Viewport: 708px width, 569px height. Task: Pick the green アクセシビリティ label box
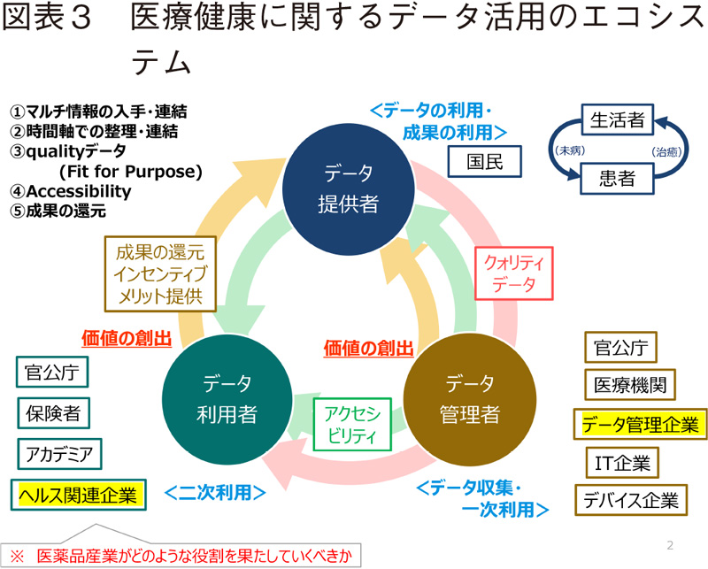pos(352,424)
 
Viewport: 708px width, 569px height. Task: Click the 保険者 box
pos(53,413)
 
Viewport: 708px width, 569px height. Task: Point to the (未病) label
pos(566,150)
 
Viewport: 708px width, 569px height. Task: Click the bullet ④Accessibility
pos(70,191)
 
